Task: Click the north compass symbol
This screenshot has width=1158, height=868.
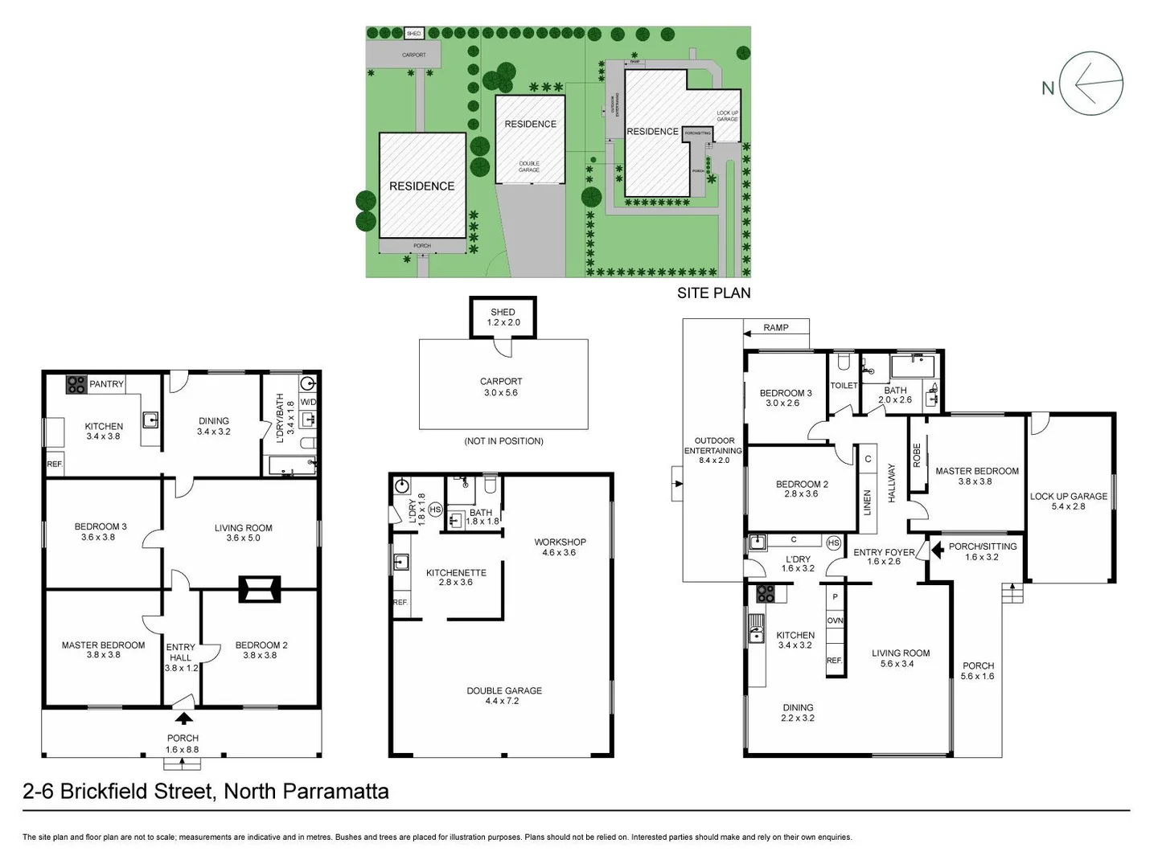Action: (x=1090, y=84)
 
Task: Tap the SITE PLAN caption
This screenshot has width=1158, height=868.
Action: (x=713, y=293)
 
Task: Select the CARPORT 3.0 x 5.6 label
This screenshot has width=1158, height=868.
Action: (x=501, y=387)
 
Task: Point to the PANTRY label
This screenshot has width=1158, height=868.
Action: (x=106, y=384)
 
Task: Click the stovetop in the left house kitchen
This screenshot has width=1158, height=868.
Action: (x=76, y=385)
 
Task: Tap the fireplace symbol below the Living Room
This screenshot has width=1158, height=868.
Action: (x=259, y=590)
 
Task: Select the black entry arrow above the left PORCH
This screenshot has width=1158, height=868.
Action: (x=184, y=719)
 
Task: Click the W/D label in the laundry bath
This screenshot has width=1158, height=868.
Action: (x=309, y=402)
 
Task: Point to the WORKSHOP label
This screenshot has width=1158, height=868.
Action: (x=560, y=547)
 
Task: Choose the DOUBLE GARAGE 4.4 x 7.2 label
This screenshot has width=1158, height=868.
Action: (x=504, y=696)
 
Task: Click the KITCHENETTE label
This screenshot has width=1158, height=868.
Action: (x=456, y=577)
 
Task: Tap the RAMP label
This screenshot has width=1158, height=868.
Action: (x=776, y=328)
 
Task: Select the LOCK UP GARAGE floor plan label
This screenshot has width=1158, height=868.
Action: (x=1068, y=502)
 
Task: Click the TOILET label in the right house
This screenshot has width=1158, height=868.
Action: (x=844, y=386)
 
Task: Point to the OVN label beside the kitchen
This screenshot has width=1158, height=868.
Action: (x=835, y=620)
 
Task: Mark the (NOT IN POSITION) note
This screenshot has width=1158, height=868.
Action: (x=503, y=441)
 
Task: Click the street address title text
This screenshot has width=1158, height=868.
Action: (x=206, y=792)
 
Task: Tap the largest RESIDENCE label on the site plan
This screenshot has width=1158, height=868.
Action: (x=421, y=186)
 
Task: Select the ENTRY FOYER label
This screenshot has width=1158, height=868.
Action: (x=884, y=557)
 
